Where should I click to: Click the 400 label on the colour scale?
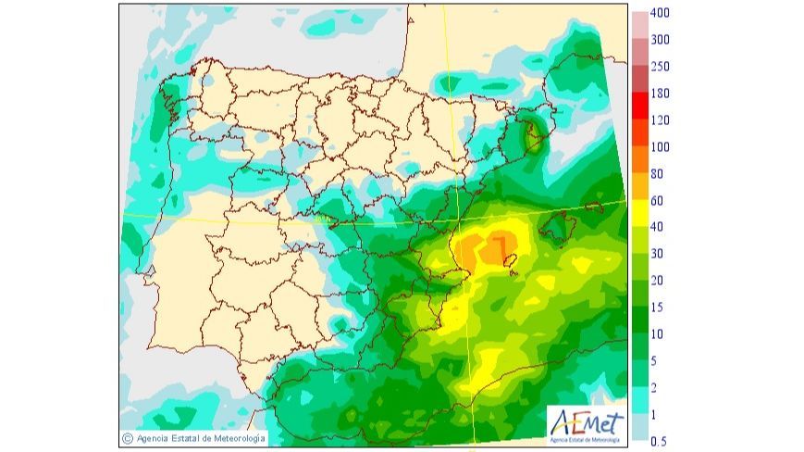point(660,14)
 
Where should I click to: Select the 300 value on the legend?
point(660,41)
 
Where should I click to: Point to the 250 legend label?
point(660,67)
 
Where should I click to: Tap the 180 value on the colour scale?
point(660,94)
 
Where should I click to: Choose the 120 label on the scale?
point(660,120)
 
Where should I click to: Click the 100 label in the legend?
point(660,147)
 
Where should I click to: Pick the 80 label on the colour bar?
point(657,174)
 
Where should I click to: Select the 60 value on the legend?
point(657,201)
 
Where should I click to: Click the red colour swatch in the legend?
point(640,107)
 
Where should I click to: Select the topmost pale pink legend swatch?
point(640,27)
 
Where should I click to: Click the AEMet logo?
point(585,424)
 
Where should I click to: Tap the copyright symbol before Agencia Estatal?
point(127,437)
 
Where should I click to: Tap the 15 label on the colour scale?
point(657,308)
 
